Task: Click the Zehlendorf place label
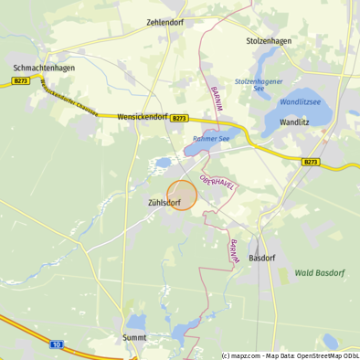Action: click(x=164, y=23)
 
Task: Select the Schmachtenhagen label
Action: click(x=44, y=68)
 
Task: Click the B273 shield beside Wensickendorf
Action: click(x=181, y=119)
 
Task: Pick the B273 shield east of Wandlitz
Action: click(x=312, y=162)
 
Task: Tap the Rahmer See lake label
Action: click(x=211, y=139)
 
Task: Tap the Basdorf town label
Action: click(x=262, y=259)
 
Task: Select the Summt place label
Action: click(x=133, y=337)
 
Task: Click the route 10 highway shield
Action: click(x=57, y=344)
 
